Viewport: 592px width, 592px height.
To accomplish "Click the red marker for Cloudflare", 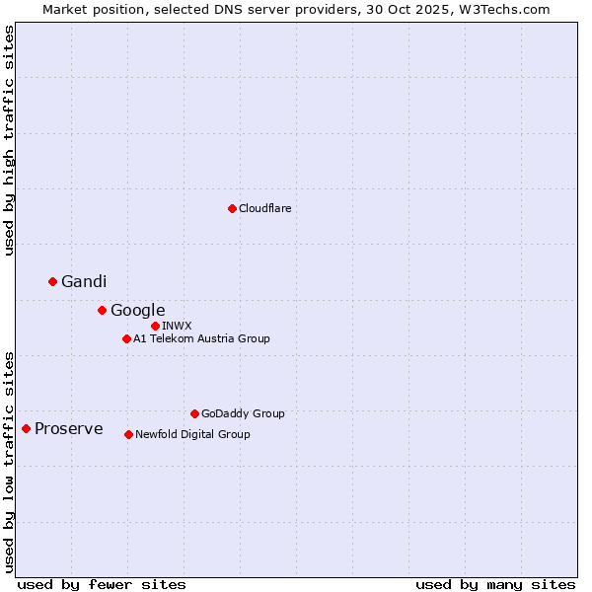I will pos(232,208).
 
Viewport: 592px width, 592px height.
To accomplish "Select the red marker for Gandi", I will pos(53,281).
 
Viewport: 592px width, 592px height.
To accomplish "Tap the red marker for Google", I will pos(102,310).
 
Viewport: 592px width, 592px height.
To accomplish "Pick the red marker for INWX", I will pos(155,326).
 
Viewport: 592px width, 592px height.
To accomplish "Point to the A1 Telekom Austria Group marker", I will pos(126,338).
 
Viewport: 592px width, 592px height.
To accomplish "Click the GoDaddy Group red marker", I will pos(194,413).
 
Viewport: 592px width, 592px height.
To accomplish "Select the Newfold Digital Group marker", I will pos(128,434).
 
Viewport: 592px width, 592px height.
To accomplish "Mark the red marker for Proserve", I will pos(27,428).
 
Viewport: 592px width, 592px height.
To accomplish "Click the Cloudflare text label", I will pos(265,208).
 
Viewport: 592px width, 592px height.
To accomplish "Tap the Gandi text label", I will pos(84,282).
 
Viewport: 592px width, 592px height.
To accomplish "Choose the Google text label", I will pos(137,311).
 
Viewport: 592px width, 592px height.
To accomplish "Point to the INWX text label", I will pos(177,326).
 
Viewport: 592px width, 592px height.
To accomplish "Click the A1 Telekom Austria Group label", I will pos(201,338).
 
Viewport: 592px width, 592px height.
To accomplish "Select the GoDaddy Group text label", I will pos(243,413).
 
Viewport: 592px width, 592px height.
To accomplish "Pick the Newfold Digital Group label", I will pos(192,434).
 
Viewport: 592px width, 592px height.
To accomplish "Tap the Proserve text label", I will pos(69,429).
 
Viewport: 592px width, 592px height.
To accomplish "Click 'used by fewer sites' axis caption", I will pos(102,584).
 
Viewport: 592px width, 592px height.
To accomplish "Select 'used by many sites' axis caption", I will pos(495,584).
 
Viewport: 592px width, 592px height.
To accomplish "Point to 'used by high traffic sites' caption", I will pos(9,140).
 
